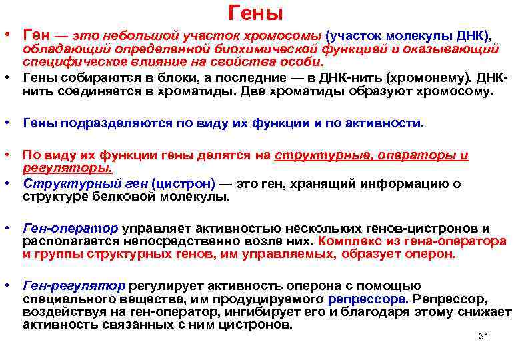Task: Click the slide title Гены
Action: (256, 13)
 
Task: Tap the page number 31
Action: (484, 336)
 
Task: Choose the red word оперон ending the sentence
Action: (431, 254)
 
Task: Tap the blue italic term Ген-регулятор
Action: (73, 285)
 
